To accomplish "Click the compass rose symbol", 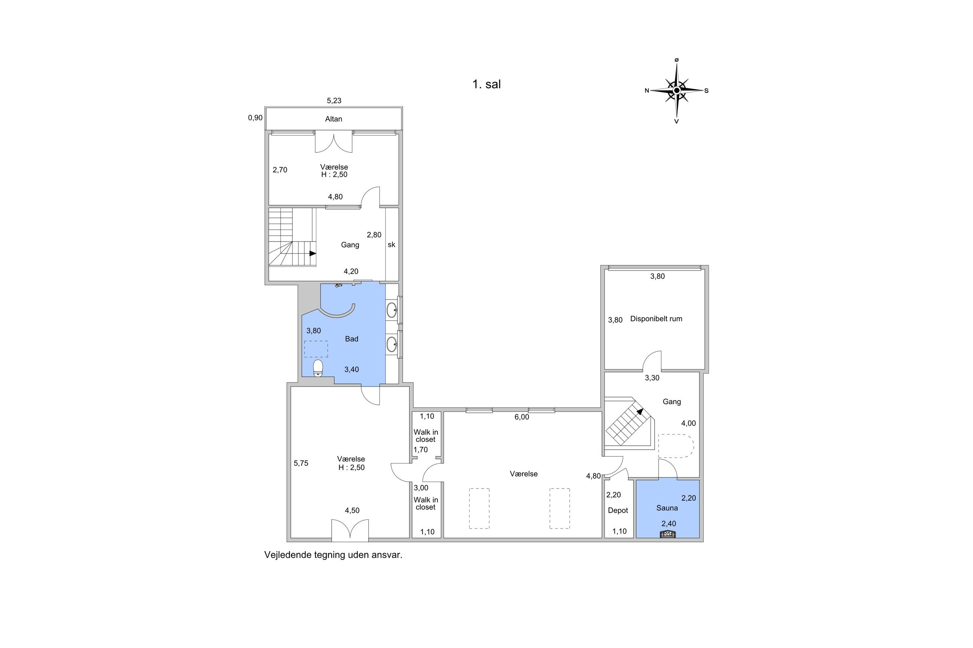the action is pyautogui.click(x=677, y=90).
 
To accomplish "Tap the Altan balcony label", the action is pyautogui.click(x=333, y=119).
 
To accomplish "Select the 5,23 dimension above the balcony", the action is pyautogui.click(x=334, y=101).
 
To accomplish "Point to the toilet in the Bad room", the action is pyautogui.click(x=318, y=368).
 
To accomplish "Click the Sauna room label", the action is pyautogui.click(x=667, y=508).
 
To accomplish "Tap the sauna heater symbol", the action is pyautogui.click(x=668, y=534).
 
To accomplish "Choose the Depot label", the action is pyautogui.click(x=618, y=510).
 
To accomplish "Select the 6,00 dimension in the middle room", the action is pyautogui.click(x=521, y=417).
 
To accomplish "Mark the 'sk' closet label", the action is pyautogui.click(x=391, y=245).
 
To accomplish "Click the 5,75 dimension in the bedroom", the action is pyautogui.click(x=301, y=463).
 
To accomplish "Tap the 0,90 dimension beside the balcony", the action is pyautogui.click(x=255, y=118).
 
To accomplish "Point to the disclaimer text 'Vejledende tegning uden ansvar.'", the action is pyautogui.click(x=333, y=555).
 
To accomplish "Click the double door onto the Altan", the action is pyautogui.click(x=333, y=141).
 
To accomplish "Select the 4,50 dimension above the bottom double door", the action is pyautogui.click(x=352, y=510).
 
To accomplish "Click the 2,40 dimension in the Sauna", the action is pyautogui.click(x=669, y=523).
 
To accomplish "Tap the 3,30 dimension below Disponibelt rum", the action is pyautogui.click(x=652, y=378).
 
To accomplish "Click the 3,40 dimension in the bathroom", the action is pyautogui.click(x=351, y=369).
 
